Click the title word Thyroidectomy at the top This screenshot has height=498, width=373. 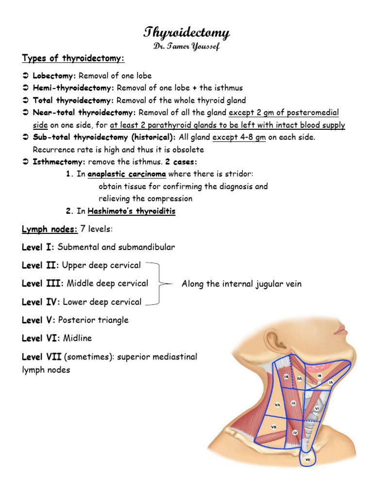186,33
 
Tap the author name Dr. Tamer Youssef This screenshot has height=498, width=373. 186,46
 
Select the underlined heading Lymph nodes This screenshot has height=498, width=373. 42,229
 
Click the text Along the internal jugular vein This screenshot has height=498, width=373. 241,284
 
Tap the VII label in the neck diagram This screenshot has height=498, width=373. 308,459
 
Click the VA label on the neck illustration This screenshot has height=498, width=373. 278,404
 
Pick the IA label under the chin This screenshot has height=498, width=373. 331,383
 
